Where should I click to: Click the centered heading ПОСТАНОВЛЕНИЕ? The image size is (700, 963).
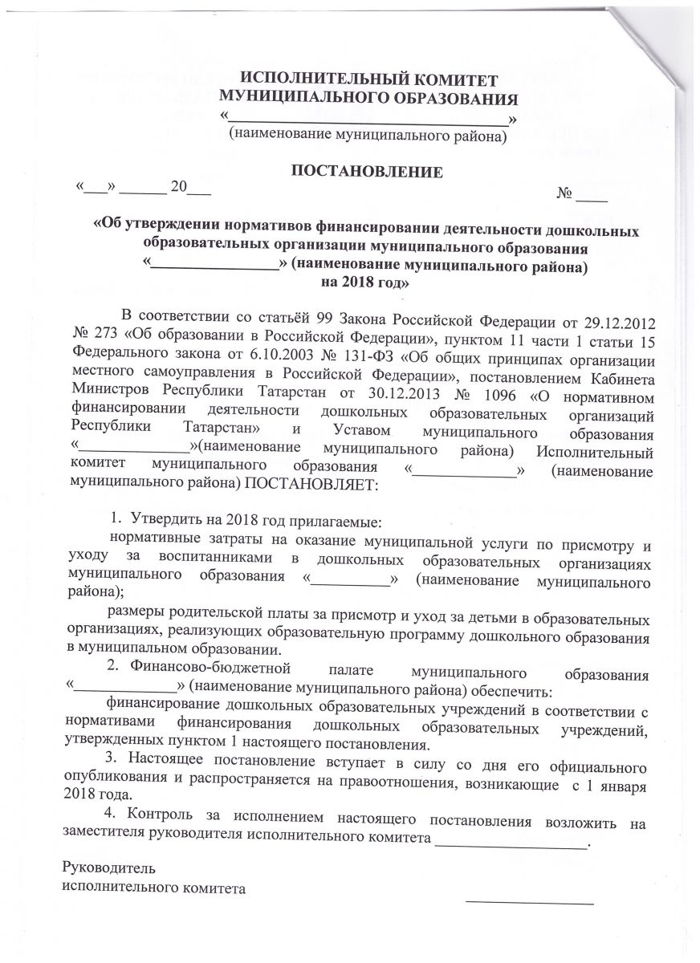(x=366, y=170)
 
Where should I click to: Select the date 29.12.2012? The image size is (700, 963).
(x=618, y=322)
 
